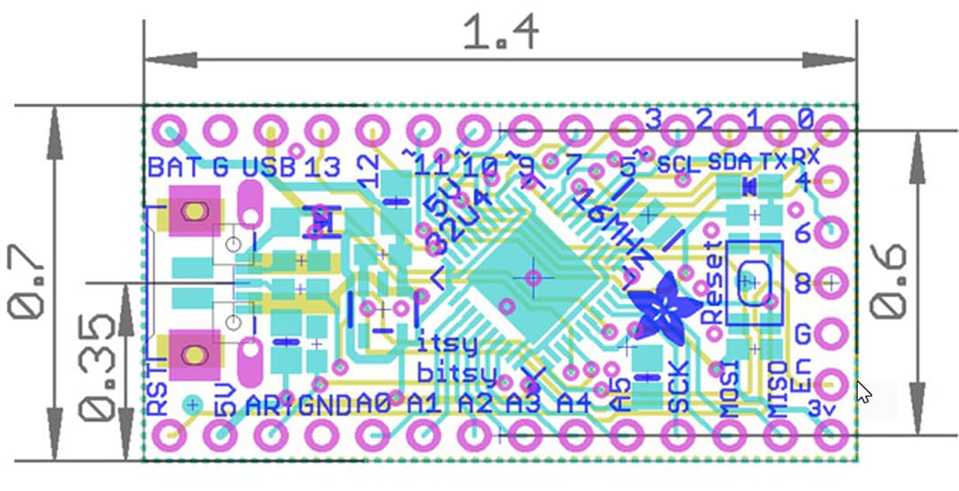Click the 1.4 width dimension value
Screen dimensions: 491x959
click(501, 34)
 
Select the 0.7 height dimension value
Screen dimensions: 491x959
click(26, 282)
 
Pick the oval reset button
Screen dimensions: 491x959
click(753, 281)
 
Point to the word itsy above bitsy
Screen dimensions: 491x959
click(447, 343)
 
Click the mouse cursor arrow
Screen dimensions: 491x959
click(861, 392)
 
